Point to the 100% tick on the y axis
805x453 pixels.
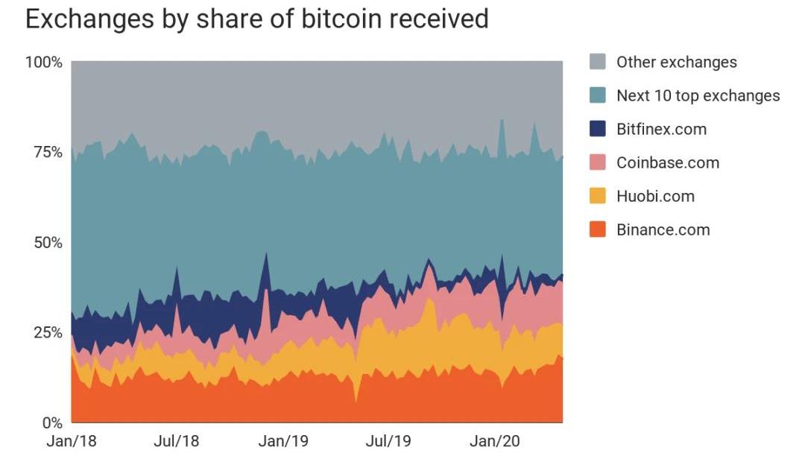pos(44,61)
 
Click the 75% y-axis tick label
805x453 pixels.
pos(46,152)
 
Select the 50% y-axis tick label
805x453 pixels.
pos(46,243)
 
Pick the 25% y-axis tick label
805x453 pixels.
pos(46,332)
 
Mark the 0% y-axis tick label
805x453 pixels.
pos(51,422)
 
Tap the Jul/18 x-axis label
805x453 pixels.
pos(177,441)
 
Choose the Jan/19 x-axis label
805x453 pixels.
pos(283,441)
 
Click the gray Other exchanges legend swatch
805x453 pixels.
pos(598,62)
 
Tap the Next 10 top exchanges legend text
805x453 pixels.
pos(698,95)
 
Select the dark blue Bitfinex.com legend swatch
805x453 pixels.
pos(598,129)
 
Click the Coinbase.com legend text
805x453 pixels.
pos(667,162)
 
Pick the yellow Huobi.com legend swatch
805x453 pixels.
pos(598,196)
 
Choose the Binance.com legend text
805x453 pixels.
pos(663,229)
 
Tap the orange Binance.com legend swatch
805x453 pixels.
pos(598,229)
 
